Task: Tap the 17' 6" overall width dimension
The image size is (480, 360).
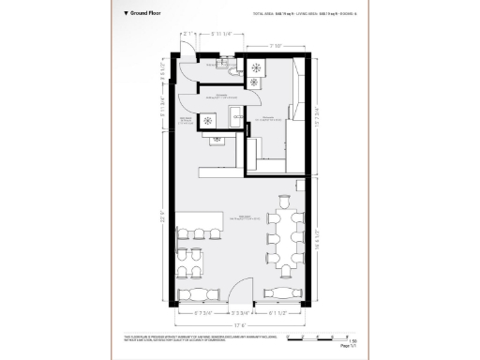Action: click(x=241, y=325)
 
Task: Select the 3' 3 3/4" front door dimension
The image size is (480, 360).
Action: click(x=240, y=313)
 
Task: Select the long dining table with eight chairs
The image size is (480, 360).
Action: click(x=285, y=237)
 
